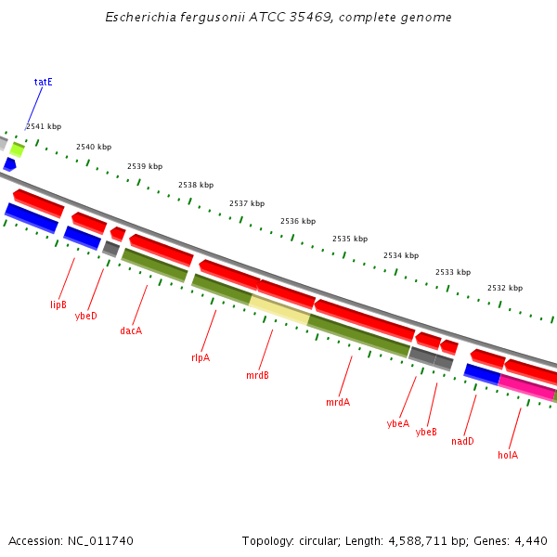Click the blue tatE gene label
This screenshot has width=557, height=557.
click(x=44, y=82)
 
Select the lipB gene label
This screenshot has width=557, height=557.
click(x=58, y=304)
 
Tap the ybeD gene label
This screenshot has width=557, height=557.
click(x=86, y=316)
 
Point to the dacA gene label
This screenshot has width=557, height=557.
click(x=131, y=330)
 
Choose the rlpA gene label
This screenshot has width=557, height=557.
click(x=201, y=357)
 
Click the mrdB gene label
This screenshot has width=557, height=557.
click(x=257, y=375)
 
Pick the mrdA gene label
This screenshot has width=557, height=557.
click(x=338, y=403)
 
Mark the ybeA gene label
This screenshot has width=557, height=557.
click(x=397, y=423)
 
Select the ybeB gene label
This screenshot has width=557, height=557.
click(x=426, y=432)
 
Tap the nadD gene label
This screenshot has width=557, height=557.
click(x=462, y=441)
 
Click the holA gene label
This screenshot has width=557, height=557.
click(x=508, y=455)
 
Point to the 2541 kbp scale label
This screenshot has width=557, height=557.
click(x=44, y=126)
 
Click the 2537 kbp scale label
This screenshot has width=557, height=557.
click(x=247, y=203)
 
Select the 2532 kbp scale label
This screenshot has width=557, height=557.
click(x=505, y=288)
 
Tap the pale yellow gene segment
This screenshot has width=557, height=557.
click(x=278, y=310)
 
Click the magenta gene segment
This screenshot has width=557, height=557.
click(x=526, y=387)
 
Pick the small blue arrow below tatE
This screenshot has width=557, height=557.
click(x=9, y=164)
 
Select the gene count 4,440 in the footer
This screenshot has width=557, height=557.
click(x=530, y=540)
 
